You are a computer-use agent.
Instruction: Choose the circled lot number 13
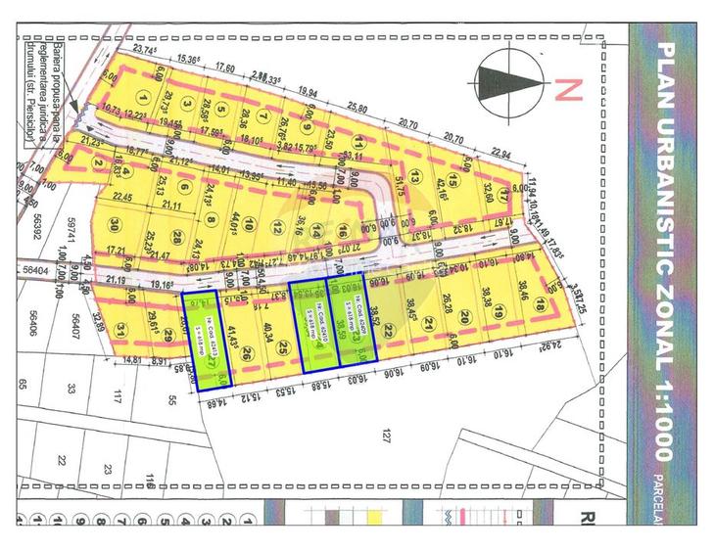coord(415,177)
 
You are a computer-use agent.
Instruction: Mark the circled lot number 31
coord(121,328)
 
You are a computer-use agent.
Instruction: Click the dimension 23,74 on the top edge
coord(145,50)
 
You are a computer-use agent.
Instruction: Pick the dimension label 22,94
coord(501,154)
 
